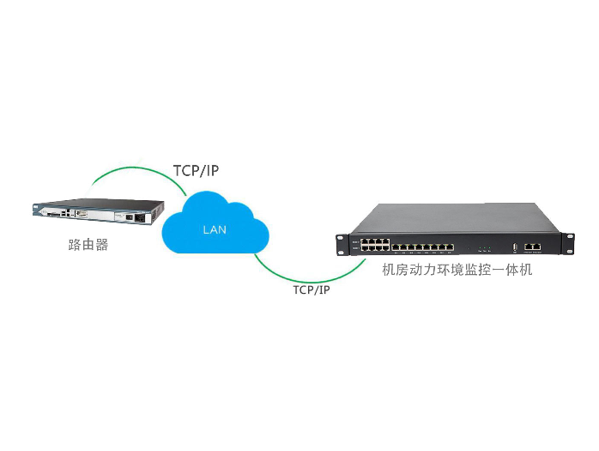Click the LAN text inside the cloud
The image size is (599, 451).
click(215, 230)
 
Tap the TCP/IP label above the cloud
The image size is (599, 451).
click(196, 170)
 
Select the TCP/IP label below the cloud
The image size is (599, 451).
click(312, 289)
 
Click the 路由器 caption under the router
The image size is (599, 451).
click(88, 244)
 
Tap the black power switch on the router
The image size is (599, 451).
click(130, 217)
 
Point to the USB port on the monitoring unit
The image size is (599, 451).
click(515, 247)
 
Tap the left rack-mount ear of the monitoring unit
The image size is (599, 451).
click(345, 245)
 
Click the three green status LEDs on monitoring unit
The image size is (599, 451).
click(484, 247)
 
